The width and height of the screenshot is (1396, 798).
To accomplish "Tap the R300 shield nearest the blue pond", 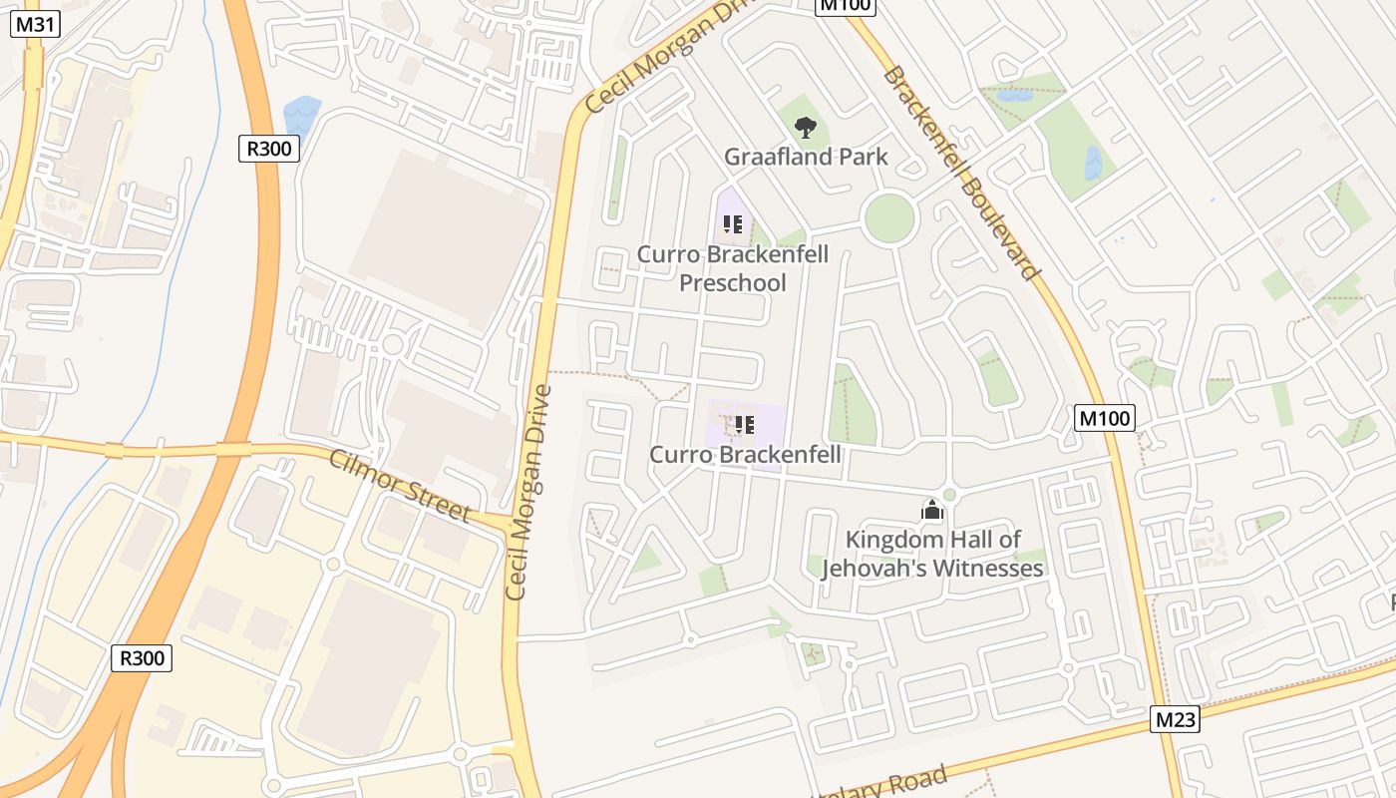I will click(269, 149).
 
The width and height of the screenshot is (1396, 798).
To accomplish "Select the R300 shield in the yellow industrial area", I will click(142, 657).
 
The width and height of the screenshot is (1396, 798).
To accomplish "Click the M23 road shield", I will click(1175, 719).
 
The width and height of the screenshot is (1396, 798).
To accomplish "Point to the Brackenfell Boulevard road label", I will click(960, 173).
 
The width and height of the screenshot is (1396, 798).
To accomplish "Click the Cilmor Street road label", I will click(400, 485).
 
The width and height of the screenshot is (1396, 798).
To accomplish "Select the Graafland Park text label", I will click(806, 157).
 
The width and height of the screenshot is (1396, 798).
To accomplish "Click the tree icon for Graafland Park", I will click(806, 127).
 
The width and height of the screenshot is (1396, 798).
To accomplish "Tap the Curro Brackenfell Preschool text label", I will click(733, 268).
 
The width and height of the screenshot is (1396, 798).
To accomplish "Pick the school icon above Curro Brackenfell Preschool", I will click(733, 224).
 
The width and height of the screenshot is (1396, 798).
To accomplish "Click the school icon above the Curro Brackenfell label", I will click(744, 426).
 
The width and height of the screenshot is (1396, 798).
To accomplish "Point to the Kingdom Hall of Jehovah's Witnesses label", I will click(932, 554).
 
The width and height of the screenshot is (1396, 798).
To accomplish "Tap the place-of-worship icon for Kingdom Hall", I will click(932, 511).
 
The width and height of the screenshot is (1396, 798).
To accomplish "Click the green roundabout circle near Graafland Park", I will click(888, 218).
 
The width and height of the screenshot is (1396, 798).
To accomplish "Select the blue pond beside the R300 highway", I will click(301, 116).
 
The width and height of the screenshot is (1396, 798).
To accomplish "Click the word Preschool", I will click(733, 283).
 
